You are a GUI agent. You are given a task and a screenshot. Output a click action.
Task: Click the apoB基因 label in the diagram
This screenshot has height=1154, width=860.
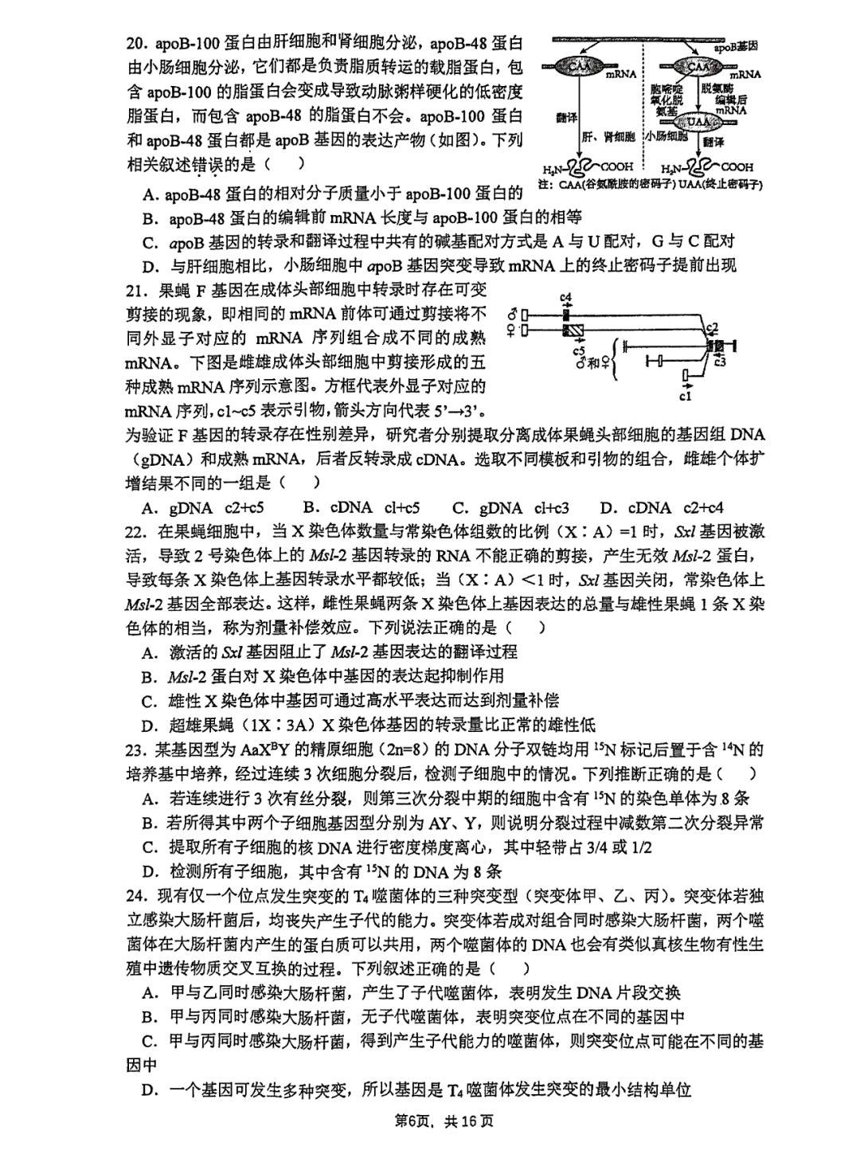click(x=736, y=47)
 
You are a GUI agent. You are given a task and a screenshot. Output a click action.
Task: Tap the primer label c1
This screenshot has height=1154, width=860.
click(x=686, y=395)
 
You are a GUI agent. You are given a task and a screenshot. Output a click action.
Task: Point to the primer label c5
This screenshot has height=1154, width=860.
click(x=579, y=350)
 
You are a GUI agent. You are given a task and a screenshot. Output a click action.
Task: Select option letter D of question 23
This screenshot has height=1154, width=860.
click(x=149, y=871)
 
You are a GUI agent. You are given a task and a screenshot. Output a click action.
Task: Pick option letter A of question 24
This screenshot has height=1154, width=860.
click(x=149, y=992)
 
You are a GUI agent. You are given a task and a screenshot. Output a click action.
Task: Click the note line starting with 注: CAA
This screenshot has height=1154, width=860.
click(x=650, y=185)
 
